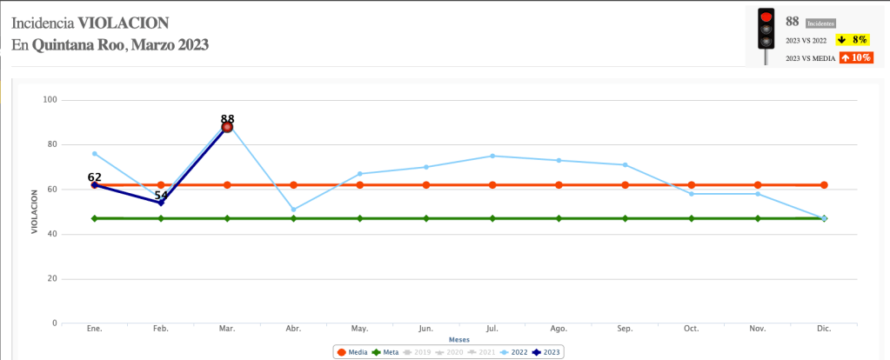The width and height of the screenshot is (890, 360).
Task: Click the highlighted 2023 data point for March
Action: tap(227, 127)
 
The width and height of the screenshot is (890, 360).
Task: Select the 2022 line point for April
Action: tap(293, 210)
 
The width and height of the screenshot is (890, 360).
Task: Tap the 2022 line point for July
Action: tap(492, 156)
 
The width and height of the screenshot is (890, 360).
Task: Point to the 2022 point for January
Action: tap(95, 154)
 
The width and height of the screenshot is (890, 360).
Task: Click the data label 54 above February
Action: tap(161, 196)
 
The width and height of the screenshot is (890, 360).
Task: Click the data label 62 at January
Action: tap(95, 177)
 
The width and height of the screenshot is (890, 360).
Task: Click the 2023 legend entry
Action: tap(546, 352)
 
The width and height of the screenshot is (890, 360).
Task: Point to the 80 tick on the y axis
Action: tap(50, 144)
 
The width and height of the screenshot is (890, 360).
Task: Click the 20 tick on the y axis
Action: tap(50, 279)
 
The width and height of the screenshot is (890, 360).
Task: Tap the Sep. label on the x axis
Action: tap(625, 329)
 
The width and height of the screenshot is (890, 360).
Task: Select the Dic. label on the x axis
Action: tap(824, 329)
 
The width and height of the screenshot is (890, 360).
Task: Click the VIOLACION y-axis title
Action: tap(35, 211)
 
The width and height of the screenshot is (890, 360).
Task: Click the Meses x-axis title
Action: tap(458, 339)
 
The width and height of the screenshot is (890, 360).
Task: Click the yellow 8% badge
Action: tap(851, 40)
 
